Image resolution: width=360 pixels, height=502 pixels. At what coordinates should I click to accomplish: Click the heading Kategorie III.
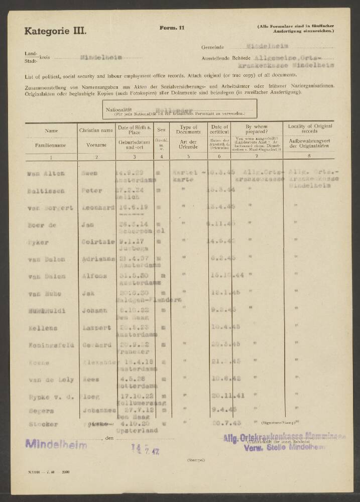55,31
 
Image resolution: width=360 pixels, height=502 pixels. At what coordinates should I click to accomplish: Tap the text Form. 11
172,28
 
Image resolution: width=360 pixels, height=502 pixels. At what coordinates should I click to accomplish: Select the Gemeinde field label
212,47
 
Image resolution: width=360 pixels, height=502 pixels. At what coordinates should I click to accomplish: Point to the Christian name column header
96,130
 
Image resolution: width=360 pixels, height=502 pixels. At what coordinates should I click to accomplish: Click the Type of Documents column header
189,129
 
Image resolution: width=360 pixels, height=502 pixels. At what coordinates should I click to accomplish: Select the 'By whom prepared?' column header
256,129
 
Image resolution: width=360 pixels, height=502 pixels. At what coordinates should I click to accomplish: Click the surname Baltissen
44,191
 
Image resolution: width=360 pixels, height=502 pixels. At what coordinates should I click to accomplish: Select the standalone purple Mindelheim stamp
56,444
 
